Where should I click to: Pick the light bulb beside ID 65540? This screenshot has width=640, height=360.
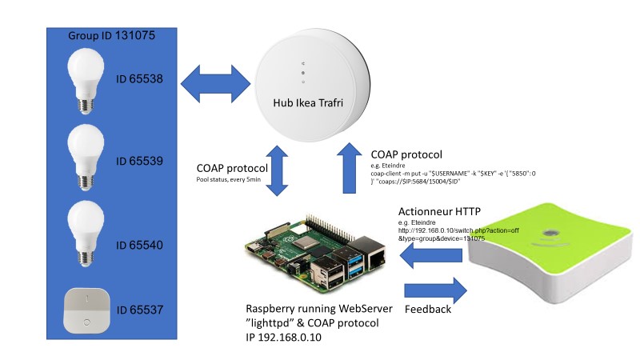tap(86, 232)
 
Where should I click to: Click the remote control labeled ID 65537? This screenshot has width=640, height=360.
tap(86, 308)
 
